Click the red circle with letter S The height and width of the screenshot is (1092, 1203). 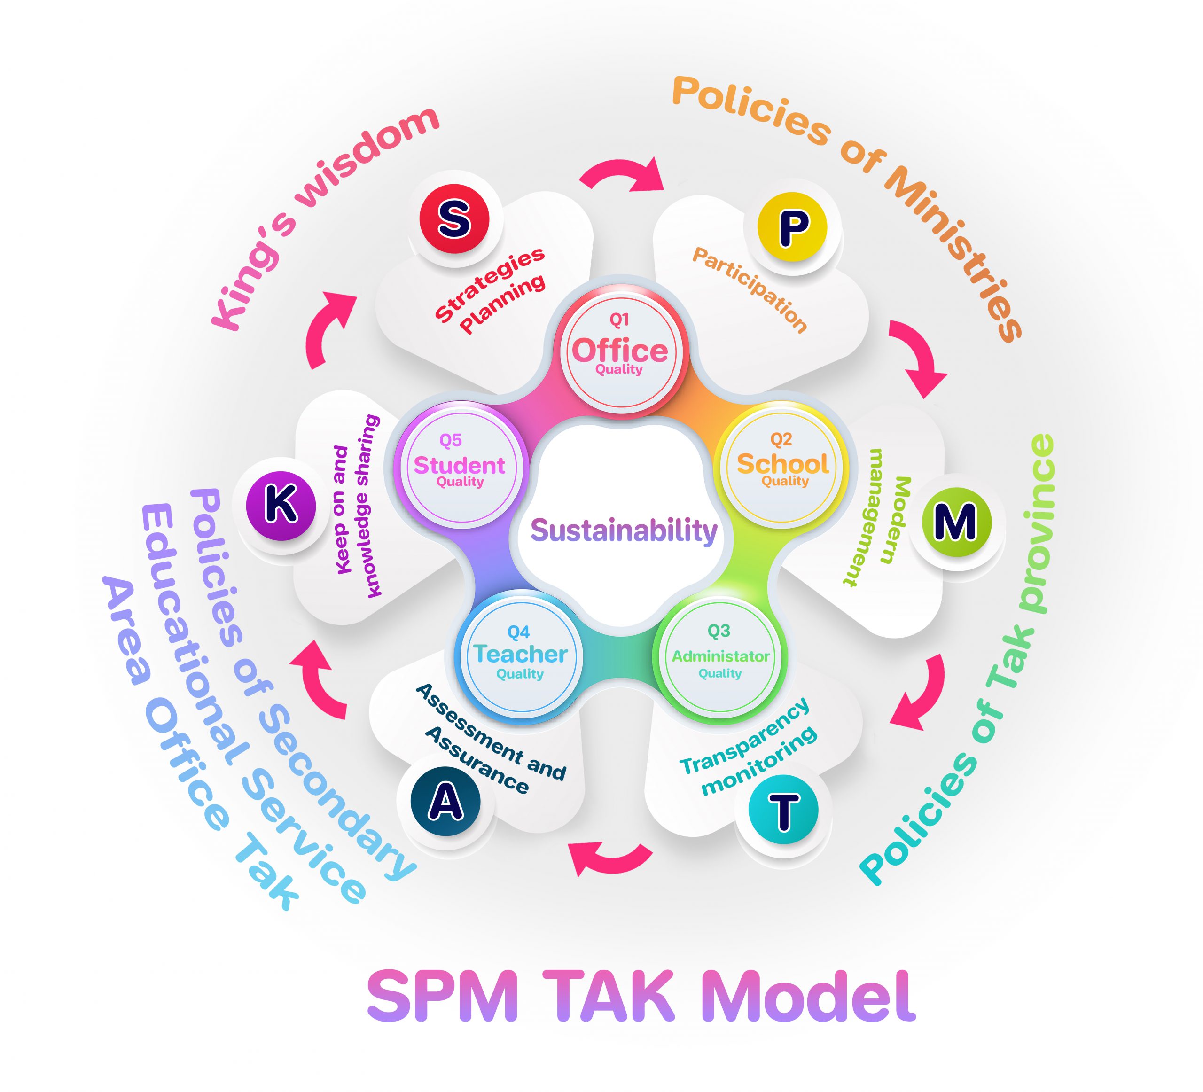pos(454,218)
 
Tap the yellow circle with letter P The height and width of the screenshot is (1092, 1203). pos(792,227)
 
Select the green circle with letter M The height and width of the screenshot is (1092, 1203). pos(956,522)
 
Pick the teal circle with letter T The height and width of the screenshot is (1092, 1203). pos(783,810)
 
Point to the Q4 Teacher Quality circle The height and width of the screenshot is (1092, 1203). pos(520,657)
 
